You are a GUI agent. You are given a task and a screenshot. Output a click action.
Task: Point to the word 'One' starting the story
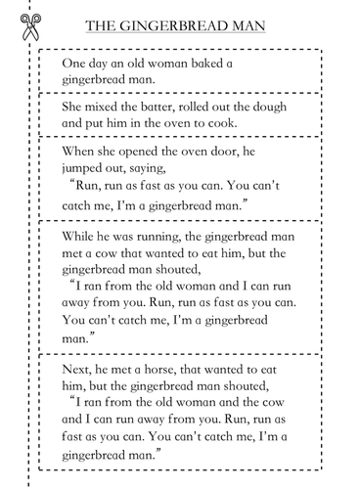pos(75,66)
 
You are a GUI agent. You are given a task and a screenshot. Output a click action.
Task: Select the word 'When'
pos(80,154)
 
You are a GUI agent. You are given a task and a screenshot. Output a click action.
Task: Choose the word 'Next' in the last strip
pos(77,362)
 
